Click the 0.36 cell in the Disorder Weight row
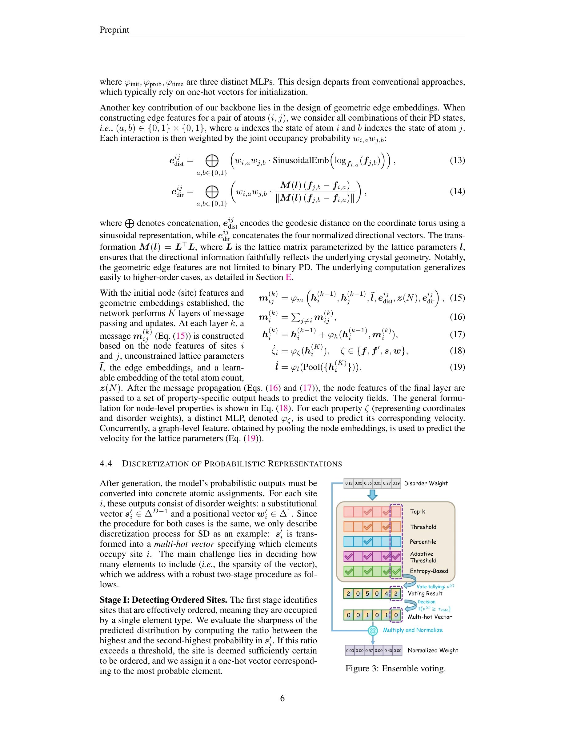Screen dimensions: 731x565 tap(367, 483)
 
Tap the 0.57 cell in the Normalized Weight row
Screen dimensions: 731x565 tap(369, 650)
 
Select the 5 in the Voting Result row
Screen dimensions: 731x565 tap(367, 594)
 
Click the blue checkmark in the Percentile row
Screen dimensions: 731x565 tap(367, 541)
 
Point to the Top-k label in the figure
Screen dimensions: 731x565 tap(417, 511)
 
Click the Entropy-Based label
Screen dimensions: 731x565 tap(429, 571)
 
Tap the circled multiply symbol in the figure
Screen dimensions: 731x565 tap(373, 631)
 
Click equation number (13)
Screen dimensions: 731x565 tap(457, 160)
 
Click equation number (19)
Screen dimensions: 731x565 tap(457, 367)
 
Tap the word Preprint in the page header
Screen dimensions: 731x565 tap(114, 30)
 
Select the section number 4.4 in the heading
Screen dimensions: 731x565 tap(106, 464)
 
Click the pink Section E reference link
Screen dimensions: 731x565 tap(288, 277)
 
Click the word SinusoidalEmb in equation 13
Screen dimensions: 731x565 tap(301, 160)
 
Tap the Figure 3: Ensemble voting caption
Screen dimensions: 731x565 tap(395, 669)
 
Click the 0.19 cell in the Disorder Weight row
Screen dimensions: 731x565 tap(396, 483)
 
